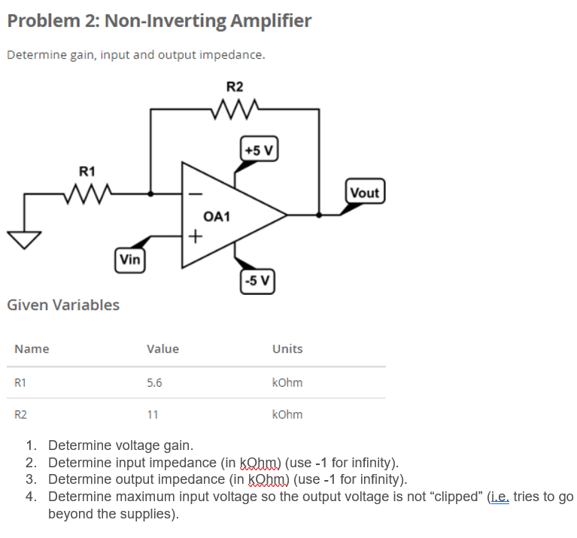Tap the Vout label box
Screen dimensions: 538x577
tap(365, 193)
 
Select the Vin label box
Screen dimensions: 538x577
tap(130, 260)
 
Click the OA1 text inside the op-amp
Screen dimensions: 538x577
tap(216, 217)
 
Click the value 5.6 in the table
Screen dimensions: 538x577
tap(153, 382)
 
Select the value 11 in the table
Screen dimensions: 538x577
tap(152, 415)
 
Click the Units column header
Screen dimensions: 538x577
tap(287, 348)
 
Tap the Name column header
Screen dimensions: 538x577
tap(32, 348)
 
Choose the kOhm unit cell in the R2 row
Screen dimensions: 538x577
tap(287, 415)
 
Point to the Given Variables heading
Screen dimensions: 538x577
tap(62, 305)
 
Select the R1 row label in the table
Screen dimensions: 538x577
tap(21, 382)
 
